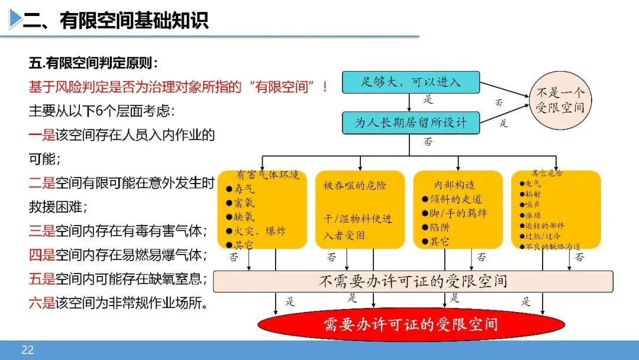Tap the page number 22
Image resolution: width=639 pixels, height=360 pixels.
coord(27,350)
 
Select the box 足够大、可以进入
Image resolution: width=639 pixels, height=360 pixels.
coord(411,82)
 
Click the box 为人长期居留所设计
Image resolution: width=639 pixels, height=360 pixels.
coord(411,123)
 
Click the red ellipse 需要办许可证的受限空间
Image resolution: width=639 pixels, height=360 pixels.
coord(411,324)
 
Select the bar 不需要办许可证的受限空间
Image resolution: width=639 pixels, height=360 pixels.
coord(412,281)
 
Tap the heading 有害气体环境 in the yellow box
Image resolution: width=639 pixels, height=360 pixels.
coord(267,175)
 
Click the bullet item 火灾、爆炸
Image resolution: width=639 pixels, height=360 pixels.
coord(260,230)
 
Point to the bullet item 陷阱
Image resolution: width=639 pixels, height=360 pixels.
coord(439,227)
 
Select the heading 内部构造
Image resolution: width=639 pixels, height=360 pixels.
coord(454,185)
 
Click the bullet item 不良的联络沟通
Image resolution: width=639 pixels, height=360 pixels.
coord(553,246)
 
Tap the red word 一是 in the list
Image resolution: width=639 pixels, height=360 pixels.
coord(41,135)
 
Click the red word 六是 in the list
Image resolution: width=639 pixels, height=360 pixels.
coord(41,304)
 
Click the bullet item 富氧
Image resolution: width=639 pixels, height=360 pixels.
coord(244,202)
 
